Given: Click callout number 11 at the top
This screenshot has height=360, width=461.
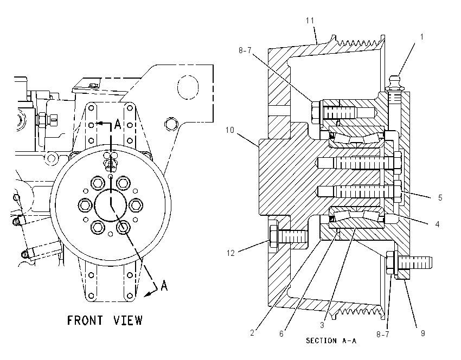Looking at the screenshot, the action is (310, 20).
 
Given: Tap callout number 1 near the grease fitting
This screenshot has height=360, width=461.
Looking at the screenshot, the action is (422, 37).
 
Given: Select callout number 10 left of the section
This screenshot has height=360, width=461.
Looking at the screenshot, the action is (229, 130).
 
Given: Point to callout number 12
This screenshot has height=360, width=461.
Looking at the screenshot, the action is (231, 253).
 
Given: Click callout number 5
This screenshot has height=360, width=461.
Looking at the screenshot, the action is (440, 197).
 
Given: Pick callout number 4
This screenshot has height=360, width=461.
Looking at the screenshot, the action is (437, 224).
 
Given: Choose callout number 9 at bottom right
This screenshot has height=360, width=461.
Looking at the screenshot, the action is (423, 333).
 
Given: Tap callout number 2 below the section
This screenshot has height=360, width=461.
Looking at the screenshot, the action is (252, 333).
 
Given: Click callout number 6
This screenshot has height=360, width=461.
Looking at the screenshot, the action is (281, 333).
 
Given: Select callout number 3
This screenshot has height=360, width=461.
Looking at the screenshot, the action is (322, 325).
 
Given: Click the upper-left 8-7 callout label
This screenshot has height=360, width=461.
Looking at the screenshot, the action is (245, 50).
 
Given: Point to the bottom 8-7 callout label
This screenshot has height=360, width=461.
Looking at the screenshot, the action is (383, 334).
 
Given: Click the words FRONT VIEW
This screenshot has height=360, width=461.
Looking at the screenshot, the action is (105, 320).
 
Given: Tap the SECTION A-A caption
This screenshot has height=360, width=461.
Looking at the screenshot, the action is (331, 340).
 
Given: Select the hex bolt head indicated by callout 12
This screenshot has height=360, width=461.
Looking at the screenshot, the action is (273, 236).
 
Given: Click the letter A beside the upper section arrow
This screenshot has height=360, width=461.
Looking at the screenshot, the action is (118, 124).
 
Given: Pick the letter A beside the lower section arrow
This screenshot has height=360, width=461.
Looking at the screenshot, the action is (164, 285).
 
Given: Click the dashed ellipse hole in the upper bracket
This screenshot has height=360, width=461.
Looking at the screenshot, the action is (188, 87).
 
